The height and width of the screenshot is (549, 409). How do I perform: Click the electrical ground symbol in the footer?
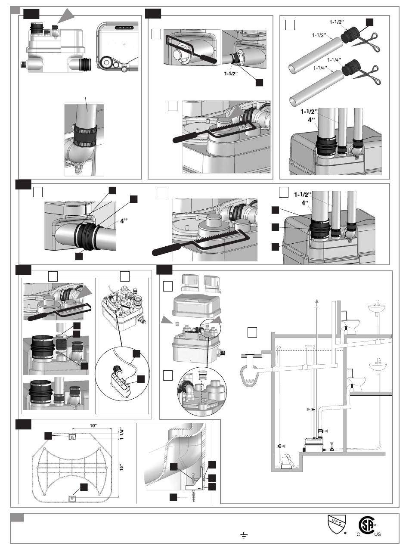pos(244,535)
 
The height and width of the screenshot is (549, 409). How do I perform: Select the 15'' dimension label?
pos(121,467)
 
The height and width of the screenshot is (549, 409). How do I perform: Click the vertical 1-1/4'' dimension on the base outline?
pos(121,434)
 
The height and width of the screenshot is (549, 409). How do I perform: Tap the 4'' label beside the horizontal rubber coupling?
pos(124,221)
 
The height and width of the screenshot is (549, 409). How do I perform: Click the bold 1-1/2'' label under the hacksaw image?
pos(231,74)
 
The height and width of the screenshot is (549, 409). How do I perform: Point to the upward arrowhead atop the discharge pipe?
pos(316,301)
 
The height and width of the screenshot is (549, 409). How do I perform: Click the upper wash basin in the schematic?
pos(376,308)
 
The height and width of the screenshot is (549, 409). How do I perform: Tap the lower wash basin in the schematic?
pos(378,366)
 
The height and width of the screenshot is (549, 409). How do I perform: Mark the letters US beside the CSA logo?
pos(377,535)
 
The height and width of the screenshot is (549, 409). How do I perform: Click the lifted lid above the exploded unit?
pos(196,306)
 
